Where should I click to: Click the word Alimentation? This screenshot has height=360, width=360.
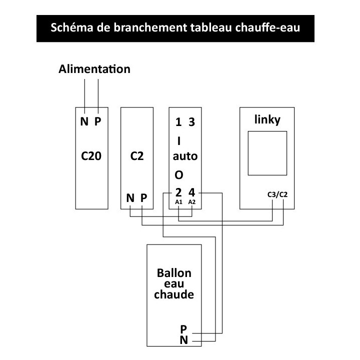(94, 69)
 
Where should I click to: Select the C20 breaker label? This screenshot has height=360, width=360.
(91, 156)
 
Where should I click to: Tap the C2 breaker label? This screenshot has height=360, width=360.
(137, 156)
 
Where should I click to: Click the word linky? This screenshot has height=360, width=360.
(267, 120)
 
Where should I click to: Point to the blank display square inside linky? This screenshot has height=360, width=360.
(267, 153)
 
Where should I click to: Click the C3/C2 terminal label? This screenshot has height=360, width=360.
(277, 194)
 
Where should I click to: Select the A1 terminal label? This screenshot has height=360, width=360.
(178, 202)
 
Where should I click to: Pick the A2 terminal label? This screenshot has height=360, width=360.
(191, 202)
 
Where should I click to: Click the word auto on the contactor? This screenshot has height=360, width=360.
(185, 156)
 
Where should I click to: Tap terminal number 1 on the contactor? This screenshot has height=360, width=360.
(178, 122)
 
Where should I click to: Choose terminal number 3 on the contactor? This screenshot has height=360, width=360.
(191, 122)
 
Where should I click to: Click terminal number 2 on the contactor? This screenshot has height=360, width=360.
(178, 192)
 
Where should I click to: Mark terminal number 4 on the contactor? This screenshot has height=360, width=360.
(191, 192)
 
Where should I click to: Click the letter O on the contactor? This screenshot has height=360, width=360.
(179, 175)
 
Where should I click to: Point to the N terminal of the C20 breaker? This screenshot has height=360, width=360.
(84, 121)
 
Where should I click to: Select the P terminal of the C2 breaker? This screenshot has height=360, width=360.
(143, 198)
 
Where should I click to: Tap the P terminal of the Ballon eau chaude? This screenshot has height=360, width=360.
(183, 329)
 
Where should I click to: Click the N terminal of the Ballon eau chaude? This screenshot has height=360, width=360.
(183, 340)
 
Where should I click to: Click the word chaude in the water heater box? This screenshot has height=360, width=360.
(174, 294)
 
